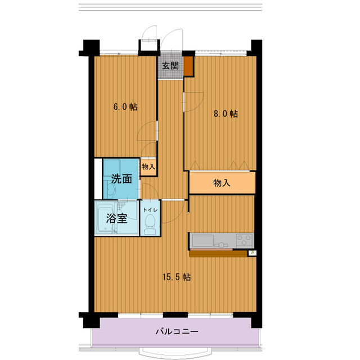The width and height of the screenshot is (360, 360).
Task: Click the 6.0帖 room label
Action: click(125, 106)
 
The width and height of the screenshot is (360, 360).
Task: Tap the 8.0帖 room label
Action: click(225, 114)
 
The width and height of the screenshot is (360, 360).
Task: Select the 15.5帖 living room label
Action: click(176, 277)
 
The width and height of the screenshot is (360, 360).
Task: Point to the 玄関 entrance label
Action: click(170, 65)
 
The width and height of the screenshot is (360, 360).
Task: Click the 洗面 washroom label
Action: click(121, 179)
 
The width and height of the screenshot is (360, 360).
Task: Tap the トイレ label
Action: click(150, 209)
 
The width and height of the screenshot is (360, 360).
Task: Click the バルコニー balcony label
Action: click(176, 331)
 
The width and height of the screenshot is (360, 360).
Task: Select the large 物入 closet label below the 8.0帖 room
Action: click(222, 183)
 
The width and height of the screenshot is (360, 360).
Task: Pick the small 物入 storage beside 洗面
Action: click(148, 166)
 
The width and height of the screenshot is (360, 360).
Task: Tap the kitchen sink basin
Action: click(202, 241)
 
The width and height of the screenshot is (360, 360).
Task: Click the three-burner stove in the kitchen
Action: click(244, 240)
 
